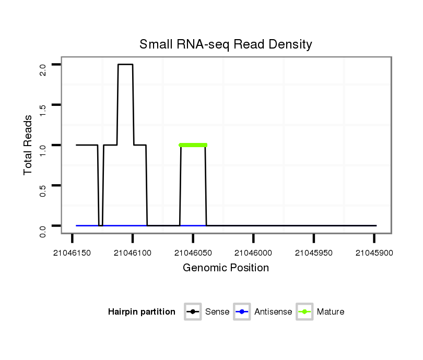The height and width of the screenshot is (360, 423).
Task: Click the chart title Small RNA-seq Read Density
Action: click(x=226, y=44)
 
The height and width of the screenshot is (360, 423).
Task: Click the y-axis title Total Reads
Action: click(x=28, y=145)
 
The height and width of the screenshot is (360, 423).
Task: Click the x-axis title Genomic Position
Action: click(x=226, y=268)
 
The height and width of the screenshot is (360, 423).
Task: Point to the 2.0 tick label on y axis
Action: click(x=43, y=69)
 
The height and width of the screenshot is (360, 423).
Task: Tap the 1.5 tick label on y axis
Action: click(x=43, y=110)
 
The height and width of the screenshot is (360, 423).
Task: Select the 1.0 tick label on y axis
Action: click(x=43, y=150)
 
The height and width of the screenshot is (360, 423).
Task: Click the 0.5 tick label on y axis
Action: click(x=43, y=190)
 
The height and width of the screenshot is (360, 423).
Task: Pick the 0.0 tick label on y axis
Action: click(x=43, y=230)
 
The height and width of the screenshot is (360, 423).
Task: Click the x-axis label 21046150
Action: click(x=73, y=253)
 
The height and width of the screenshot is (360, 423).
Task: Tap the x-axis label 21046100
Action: click(x=133, y=253)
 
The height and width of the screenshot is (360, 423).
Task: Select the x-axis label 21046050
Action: click(x=193, y=253)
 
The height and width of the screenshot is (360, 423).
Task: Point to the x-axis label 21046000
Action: click(x=253, y=253)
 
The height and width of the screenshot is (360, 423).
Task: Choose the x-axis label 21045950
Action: click(x=314, y=253)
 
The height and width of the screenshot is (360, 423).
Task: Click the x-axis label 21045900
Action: click(x=374, y=253)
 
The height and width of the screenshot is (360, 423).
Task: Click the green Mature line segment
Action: click(x=193, y=145)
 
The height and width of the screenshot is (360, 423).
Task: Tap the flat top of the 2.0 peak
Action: click(x=125, y=65)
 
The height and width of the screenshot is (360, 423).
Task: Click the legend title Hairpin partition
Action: click(x=142, y=312)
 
